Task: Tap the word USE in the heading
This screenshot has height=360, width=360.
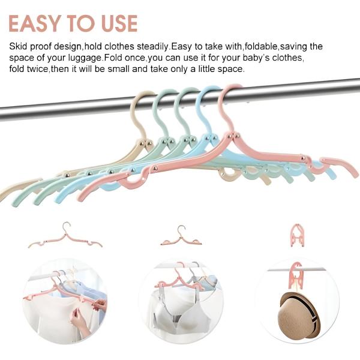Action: click(119, 23)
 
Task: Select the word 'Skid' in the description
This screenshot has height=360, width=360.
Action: click(19, 46)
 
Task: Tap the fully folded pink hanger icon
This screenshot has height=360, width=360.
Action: click(296, 235)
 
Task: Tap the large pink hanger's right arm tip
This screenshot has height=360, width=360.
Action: click(356, 175)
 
